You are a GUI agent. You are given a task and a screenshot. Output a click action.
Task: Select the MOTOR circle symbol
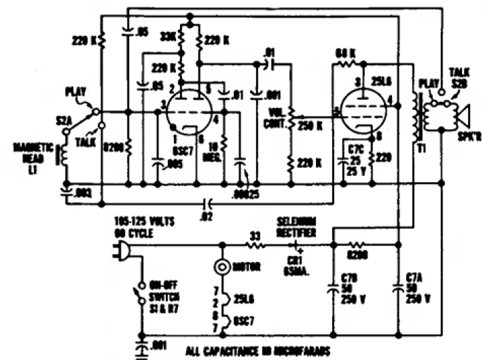221,266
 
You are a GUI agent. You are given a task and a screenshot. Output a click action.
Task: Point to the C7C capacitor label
355,151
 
